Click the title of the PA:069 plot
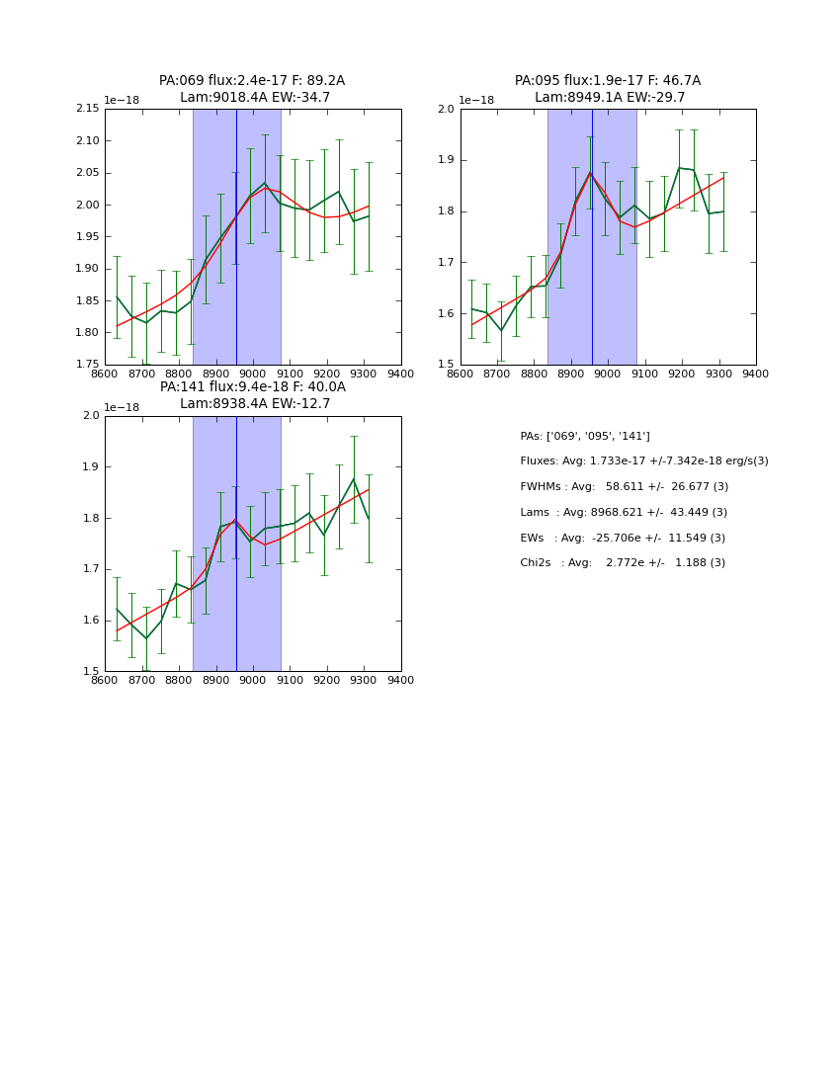252,89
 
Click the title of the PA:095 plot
608,89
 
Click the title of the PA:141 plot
252,395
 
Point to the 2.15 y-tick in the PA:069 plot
88,109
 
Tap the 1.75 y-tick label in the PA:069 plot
88,365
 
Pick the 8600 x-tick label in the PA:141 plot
105,681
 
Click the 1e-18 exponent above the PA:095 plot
476,100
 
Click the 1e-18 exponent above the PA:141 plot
122,407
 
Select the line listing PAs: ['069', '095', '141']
585,437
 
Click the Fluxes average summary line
644,461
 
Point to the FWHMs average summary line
625,487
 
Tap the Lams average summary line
624,513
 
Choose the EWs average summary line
623,539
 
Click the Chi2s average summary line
623,563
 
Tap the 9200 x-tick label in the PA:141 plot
327,681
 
